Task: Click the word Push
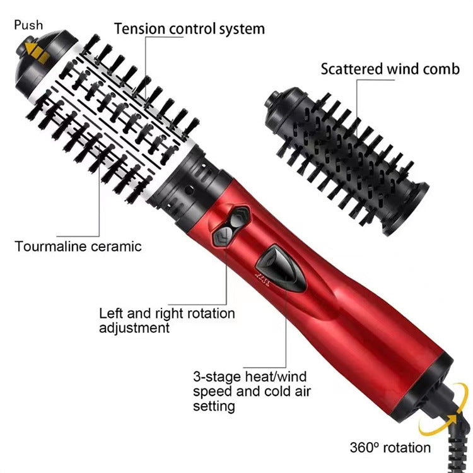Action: coord(28,25)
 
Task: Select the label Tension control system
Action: coord(189,28)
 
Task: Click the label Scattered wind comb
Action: coord(390,69)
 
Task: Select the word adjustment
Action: coord(134,328)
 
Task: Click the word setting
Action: coord(214,407)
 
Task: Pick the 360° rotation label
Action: coord(390,448)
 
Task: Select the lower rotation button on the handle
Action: coord(222,238)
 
